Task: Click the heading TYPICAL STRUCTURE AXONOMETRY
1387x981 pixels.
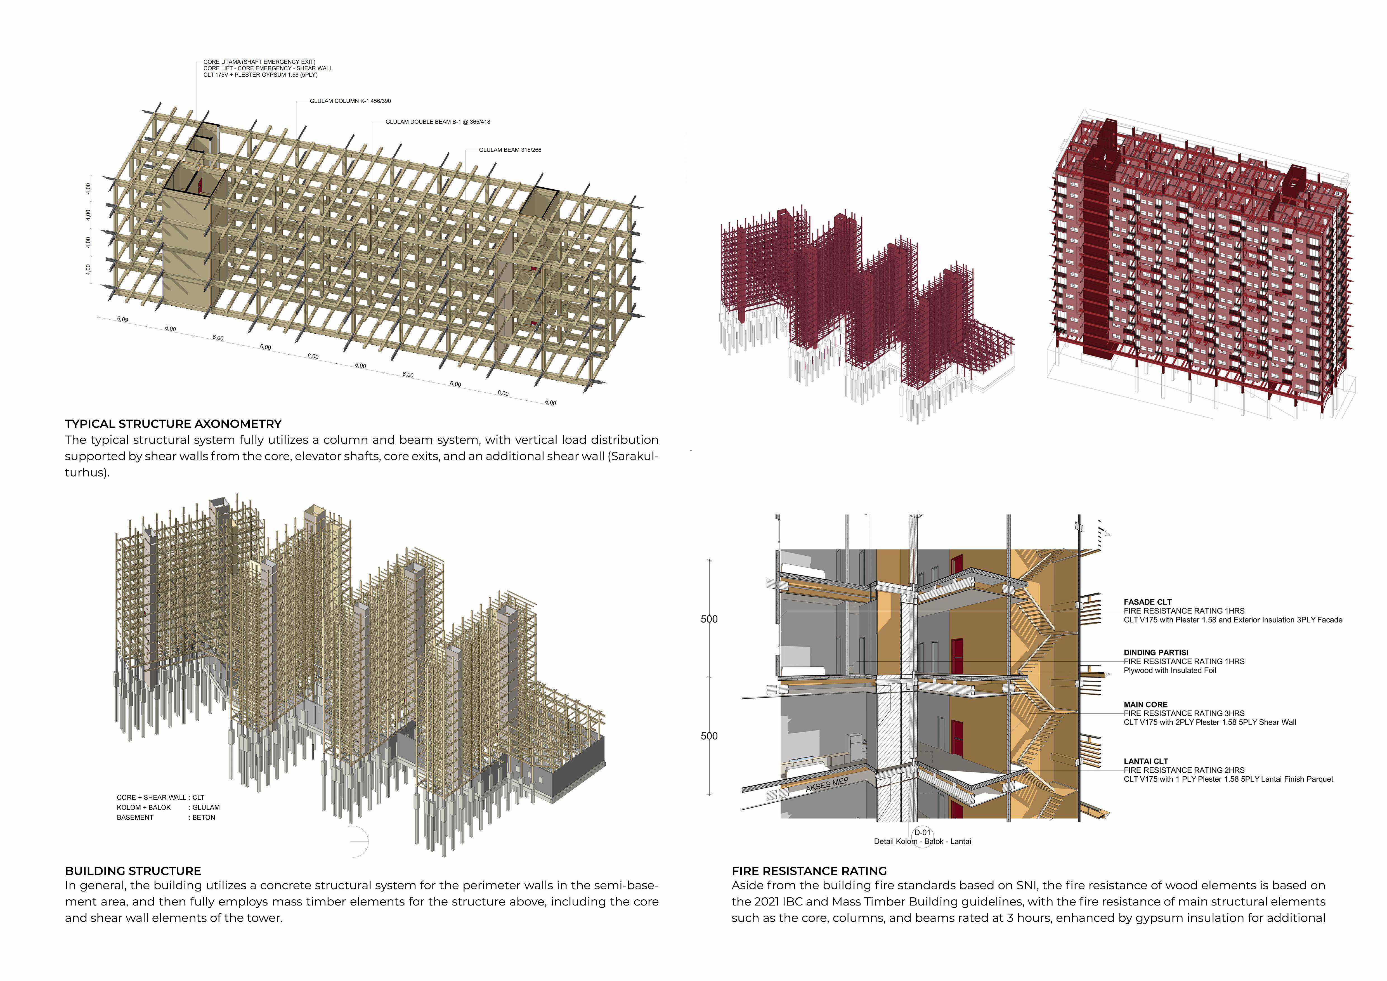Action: pyautogui.click(x=173, y=424)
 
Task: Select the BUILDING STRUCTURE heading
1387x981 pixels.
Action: pyautogui.click(x=133, y=871)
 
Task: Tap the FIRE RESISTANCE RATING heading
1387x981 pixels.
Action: pyautogui.click(x=809, y=871)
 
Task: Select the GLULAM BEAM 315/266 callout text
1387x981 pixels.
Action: pyautogui.click(x=510, y=150)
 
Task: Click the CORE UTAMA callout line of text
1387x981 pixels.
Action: pyautogui.click(x=259, y=62)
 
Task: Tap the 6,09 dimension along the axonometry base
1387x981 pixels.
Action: pyautogui.click(x=123, y=319)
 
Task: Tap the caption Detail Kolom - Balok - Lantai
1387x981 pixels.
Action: pyautogui.click(x=922, y=841)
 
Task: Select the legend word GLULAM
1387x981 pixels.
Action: pyautogui.click(x=206, y=808)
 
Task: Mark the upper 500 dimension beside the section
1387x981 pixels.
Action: pyautogui.click(x=709, y=619)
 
